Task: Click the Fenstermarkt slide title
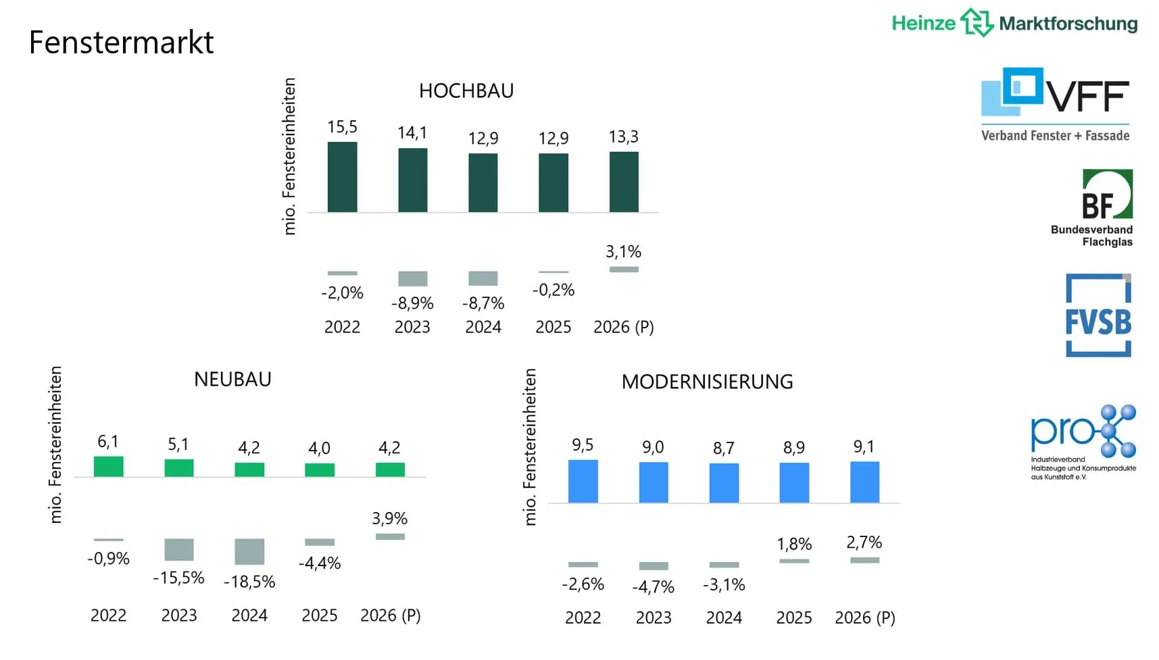point(121,43)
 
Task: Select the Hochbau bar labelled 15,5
point(342,177)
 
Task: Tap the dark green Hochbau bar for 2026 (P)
point(624,182)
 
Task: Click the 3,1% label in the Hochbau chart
point(623,252)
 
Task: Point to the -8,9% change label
point(412,303)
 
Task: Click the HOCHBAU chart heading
point(466,91)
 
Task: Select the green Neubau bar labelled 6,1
point(108,467)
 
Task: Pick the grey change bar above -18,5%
point(249,551)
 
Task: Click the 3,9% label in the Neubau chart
point(389,519)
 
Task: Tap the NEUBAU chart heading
point(232,380)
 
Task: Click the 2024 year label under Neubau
point(249,615)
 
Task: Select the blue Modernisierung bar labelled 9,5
point(583,481)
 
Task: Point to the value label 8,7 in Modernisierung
point(723,449)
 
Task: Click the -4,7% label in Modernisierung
point(653,587)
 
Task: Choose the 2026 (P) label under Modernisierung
point(864,617)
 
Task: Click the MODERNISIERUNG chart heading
point(707,382)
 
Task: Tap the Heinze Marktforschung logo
point(1014,23)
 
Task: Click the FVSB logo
point(1098,315)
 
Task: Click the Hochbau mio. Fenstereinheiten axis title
point(289,156)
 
